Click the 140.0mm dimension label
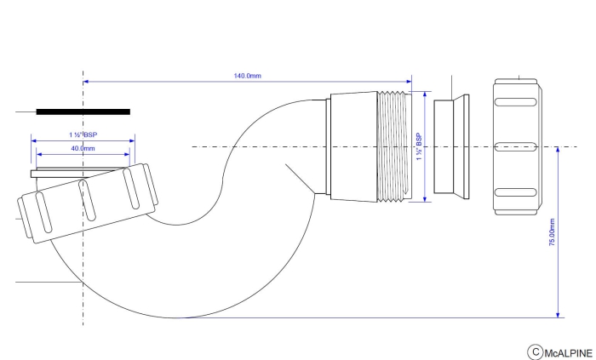[x=248, y=77]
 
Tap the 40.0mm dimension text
[x=83, y=149]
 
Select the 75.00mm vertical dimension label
[x=551, y=231]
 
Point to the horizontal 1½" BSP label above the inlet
[x=83, y=135]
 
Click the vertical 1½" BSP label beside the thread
[x=418, y=147]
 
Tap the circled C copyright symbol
[x=536, y=351]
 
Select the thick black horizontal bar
[x=83, y=111]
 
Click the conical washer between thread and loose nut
[x=449, y=147]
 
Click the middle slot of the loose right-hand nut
[x=517, y=146]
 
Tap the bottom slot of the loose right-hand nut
[x=517, y=191]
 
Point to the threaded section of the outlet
[x=394, y=146]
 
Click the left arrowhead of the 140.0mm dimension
[x=86, y=83]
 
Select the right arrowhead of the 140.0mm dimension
[x=408, y=83]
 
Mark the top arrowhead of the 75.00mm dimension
[x=557, y=150]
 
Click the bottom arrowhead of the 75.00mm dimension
[x=557, y=314]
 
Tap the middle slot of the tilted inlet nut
[x=85, y=199]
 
